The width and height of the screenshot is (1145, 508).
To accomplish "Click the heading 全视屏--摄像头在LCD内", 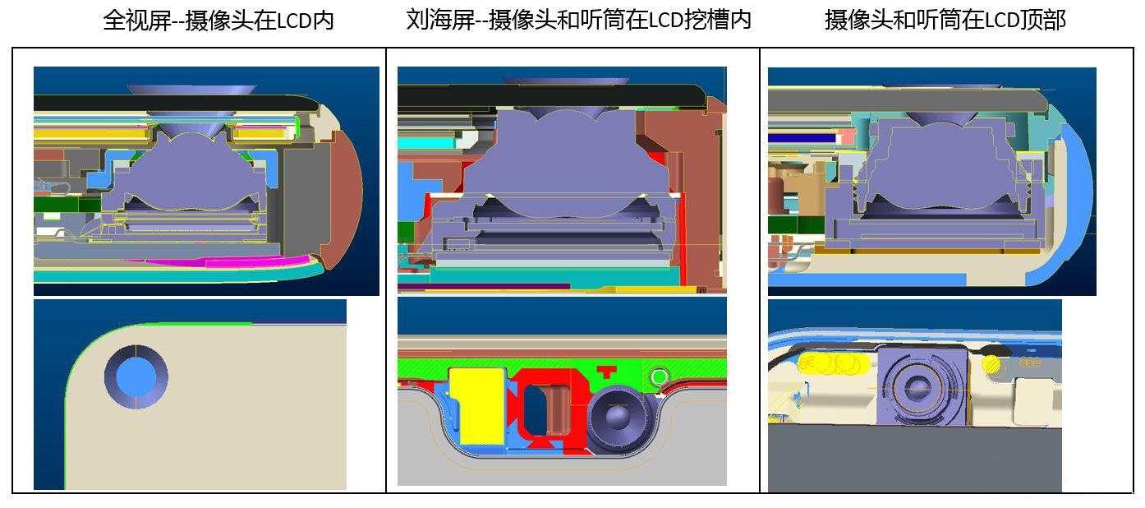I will (x=218, y=20).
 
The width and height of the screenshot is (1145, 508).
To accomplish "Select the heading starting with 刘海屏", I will (x=578, y=20).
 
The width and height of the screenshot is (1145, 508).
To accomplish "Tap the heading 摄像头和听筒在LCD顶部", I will (x=945, y=20).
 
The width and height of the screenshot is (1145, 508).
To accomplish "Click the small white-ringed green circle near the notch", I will (x=658, y=378).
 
